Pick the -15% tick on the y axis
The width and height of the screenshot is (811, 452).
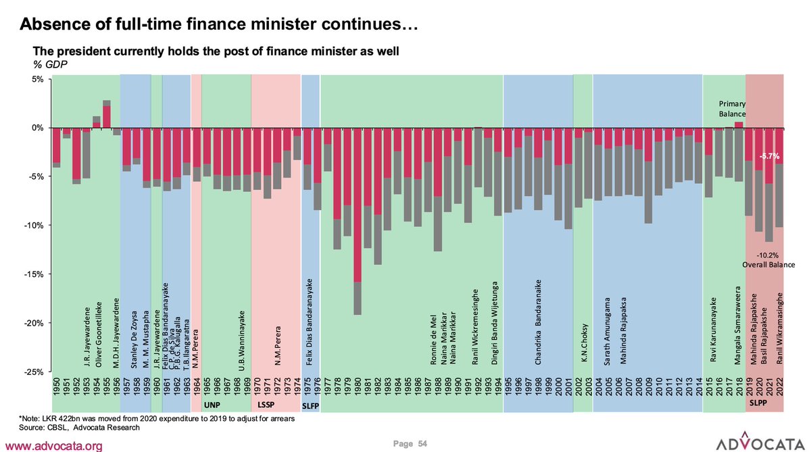[x=33, y=274]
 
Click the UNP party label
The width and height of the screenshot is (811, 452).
[x=212, y=405]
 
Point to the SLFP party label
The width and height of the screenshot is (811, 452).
[x=311, y=405]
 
